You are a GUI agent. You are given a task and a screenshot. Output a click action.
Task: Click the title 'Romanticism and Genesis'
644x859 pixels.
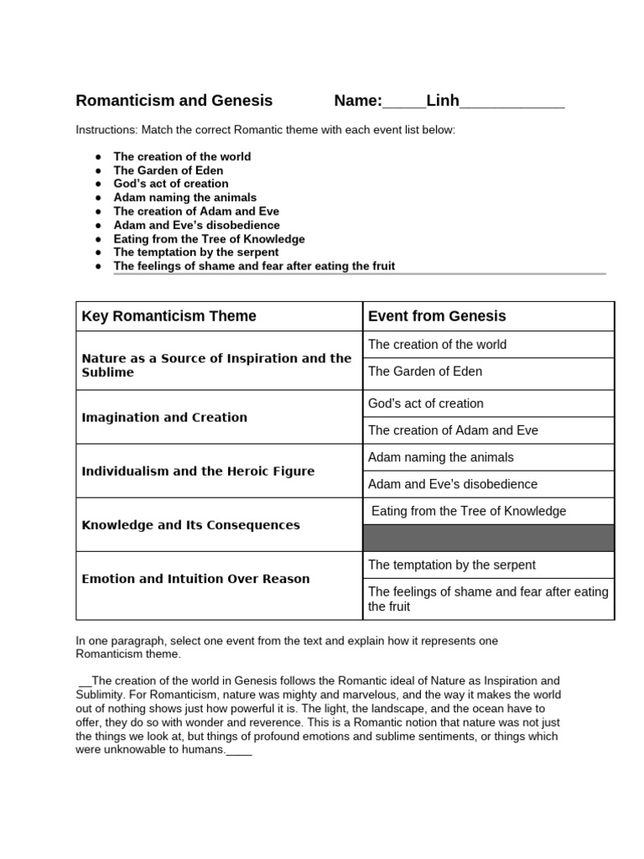[174, 101]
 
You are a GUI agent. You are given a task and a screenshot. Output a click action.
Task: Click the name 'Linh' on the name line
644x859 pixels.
[442, 101]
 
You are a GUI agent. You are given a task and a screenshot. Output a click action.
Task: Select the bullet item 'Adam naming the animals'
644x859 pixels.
[184, 197]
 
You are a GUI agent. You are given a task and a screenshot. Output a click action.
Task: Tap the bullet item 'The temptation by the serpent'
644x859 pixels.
[195, 252]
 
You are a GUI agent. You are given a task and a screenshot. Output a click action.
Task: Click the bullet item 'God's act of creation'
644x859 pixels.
[170, 184]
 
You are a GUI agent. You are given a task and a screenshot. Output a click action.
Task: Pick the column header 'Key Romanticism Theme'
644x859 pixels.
[169, 316]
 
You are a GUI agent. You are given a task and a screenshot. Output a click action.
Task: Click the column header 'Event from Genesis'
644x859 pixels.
[437, 316]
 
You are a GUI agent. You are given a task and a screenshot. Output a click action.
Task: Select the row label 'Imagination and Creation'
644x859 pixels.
[164, 418]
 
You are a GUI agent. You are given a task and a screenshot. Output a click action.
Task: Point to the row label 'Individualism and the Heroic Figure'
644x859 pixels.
[198, 471]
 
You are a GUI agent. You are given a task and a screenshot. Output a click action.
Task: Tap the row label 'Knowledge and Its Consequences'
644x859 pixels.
[190, 525]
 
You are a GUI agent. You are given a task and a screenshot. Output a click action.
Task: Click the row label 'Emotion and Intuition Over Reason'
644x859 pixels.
[195, 579]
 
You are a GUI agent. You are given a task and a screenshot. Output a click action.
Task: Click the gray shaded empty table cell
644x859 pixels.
[488, 538]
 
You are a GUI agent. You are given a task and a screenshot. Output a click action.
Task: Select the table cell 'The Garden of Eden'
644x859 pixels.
[425, 371]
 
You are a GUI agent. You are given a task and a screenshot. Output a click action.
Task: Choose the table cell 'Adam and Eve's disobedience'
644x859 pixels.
[453, 484]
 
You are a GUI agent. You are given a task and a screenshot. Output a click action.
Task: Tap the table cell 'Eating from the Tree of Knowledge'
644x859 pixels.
[468, 511]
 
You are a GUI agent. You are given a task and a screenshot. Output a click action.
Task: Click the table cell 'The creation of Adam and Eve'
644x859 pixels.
[453, 430]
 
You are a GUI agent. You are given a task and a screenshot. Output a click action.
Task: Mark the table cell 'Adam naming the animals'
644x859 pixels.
[441, 457]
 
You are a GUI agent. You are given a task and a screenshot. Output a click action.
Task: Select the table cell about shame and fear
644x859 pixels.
[488, 599]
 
